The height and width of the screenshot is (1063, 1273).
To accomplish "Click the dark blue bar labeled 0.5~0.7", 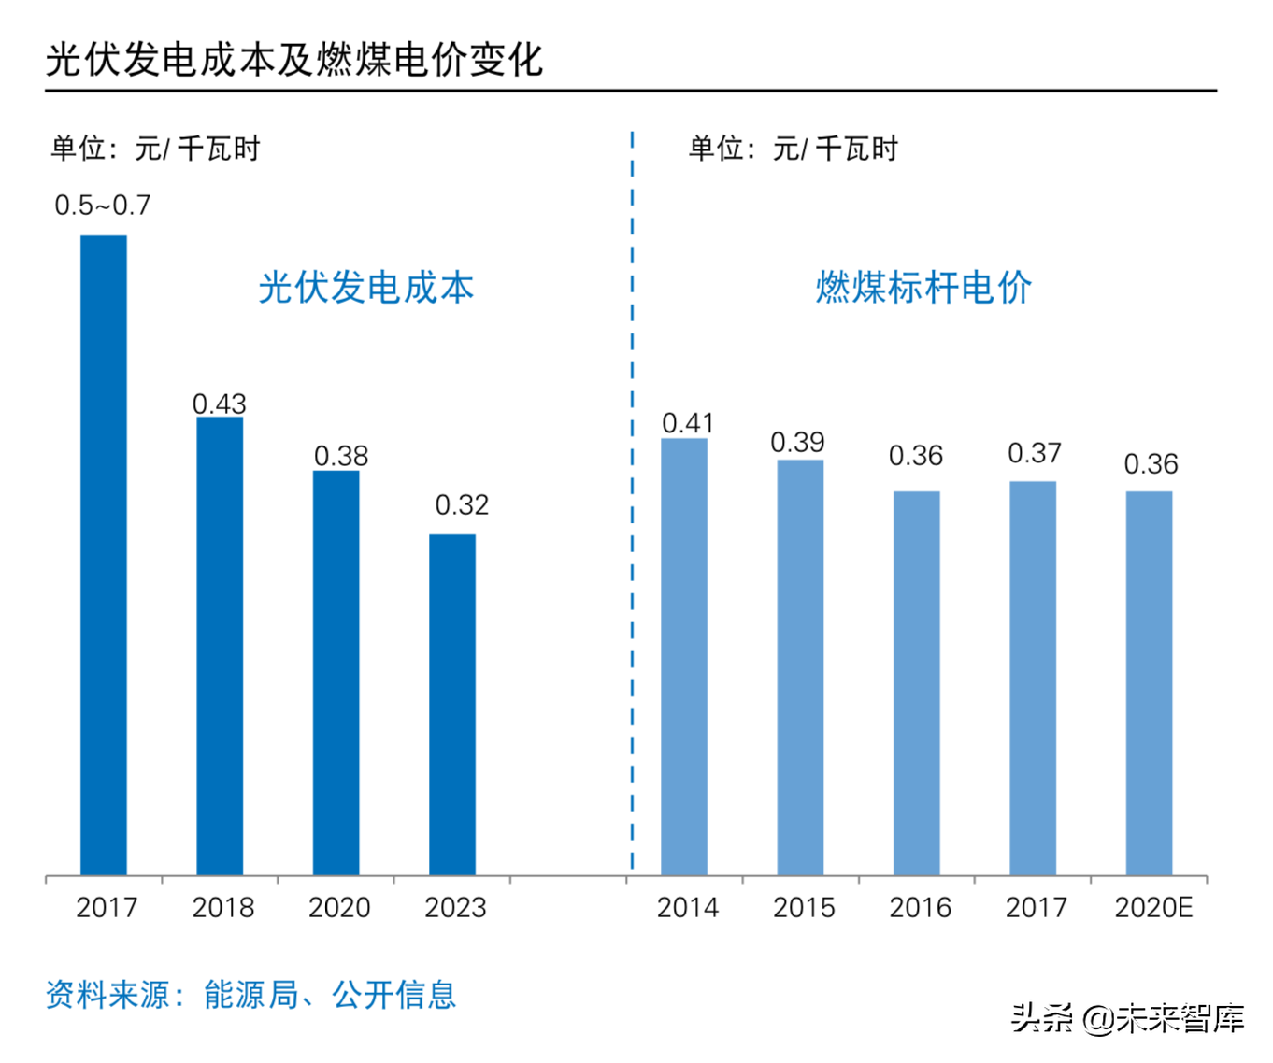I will [104, 555].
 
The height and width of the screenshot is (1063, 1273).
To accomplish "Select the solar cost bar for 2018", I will [220, 645].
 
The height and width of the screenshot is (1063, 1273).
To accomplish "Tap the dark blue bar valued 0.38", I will [336, 673].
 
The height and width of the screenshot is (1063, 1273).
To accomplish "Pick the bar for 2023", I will [452, 704].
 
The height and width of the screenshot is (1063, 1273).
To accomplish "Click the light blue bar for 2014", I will [684, 657].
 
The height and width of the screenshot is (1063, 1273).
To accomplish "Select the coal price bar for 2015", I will [800, 667].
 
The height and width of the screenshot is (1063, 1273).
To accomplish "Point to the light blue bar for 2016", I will [916, 683].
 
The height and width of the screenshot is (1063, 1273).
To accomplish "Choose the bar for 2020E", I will [1149, 683].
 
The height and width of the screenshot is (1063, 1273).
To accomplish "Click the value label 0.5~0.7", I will [103, 206].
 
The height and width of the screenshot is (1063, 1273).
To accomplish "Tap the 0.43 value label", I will [220, 404].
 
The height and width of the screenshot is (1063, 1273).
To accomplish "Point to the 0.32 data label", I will [462, 505].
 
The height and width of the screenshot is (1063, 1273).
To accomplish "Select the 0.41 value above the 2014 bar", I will [688, 423].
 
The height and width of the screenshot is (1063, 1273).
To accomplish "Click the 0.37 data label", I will [1035, 454].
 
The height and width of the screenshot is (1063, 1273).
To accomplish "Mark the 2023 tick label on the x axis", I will [455, 908].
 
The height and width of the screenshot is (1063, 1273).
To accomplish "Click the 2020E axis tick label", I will [1153, 908].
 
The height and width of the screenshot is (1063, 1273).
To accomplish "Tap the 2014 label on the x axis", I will [688, 908].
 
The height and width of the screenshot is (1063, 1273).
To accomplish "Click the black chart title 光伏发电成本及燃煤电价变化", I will [294, 60].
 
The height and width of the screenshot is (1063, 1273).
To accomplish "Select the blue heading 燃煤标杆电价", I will [923, 288].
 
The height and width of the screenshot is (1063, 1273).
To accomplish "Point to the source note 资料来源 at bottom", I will [250, 995].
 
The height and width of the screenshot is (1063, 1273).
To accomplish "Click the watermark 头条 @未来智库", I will [1127, 1018].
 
